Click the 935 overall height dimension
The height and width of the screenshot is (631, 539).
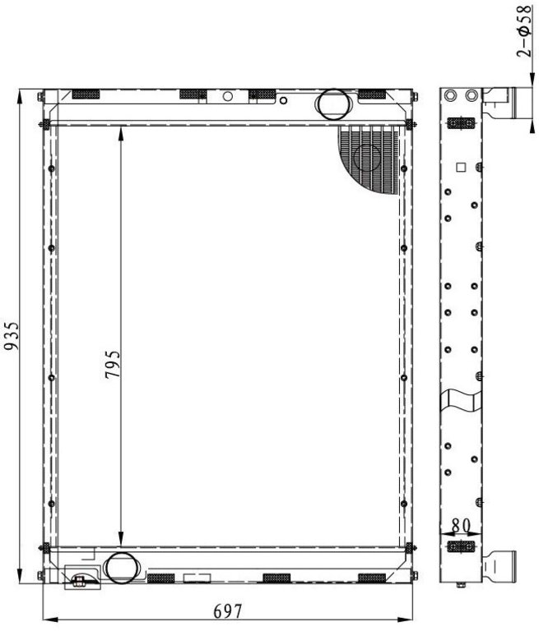12,335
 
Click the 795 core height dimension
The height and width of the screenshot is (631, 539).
113,365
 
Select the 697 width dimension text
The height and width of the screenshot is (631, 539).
228,611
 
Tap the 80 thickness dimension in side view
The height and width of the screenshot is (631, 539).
461,525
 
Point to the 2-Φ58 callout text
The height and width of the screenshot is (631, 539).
524,31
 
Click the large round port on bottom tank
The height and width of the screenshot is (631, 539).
120,568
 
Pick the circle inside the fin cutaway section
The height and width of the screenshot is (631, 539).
367,157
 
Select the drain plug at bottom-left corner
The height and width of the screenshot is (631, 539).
79,580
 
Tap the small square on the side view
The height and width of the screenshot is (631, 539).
461,167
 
